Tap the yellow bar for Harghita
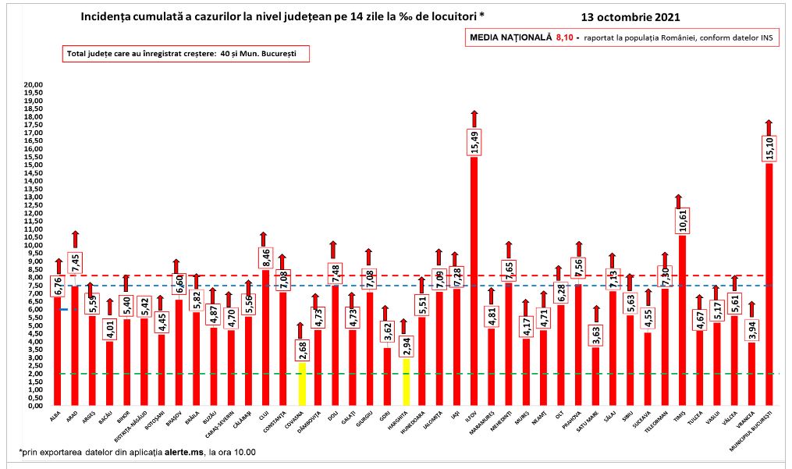[406, 382]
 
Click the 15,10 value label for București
[769, 148]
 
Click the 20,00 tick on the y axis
[31, 84]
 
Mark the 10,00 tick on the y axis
[31, 245]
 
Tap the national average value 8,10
[564, 37]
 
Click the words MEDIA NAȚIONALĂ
[510, 37]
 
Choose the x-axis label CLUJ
[264, 417]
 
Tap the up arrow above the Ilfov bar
[474, 119]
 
